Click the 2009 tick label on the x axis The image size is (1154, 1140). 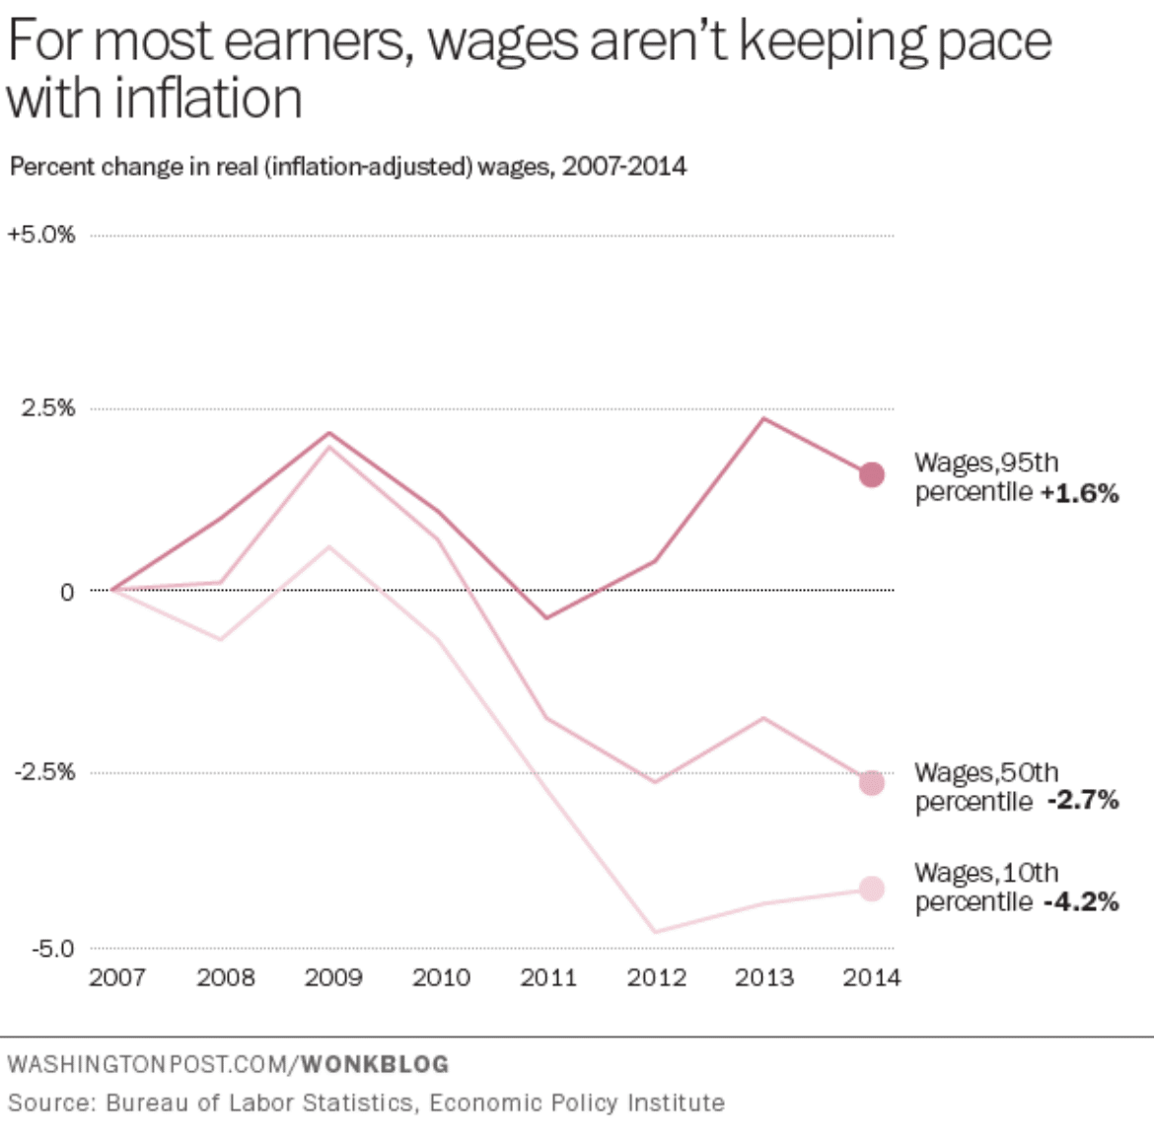pyautogui.click(x=333, y=977)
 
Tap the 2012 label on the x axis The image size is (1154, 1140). pyautogui.click(x=657, y=977)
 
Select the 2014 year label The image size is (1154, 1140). pyautogui.click(x=871, y=977)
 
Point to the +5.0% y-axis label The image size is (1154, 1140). pyautogui.click(x=41, y=235)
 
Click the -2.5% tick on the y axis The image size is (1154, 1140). pyautogui.click(x=45, y=772)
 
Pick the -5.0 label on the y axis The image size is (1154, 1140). pyautogui.click(x=53, y=949)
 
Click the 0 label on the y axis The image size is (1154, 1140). pyautogui.click(x=67, y=592)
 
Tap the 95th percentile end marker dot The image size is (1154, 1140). pyautogui.click(x=871, y=474)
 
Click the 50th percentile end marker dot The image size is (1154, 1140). pyautogui.click(x=871, y=782)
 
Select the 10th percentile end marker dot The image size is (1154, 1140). pyautogui.click(x=871, y=890)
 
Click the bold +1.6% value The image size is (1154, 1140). pyautogui.click(x=1080, y=492)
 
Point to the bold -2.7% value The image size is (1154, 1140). pyautogui.click(x=1083, y=800)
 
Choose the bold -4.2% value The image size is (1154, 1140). pyautogui.click(x=1082, y=900)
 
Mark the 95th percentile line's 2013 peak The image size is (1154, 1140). pyautogui.click(x=764, y=419)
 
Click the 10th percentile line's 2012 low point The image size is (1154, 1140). pyautogui.click(x=656, y=932)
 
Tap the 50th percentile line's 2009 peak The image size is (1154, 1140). pyautogui.click(x=329, y=447)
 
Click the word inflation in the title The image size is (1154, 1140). pyautogui.click(x=208, y=99)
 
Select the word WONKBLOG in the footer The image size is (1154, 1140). pyautogui.click(x=376, y=1064)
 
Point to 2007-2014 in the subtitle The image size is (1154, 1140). pyautogui.click(x=624, y=167)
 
